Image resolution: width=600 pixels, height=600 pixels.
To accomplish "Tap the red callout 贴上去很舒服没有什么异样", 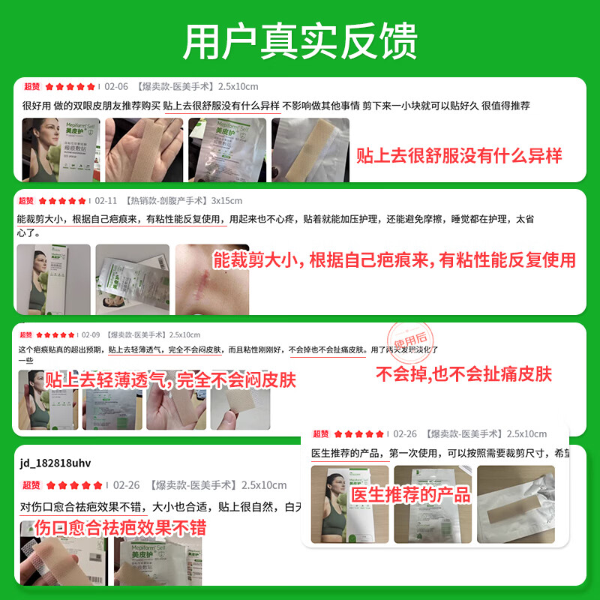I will click(459, 156).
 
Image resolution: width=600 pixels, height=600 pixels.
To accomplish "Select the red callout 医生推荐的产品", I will click(411, 494).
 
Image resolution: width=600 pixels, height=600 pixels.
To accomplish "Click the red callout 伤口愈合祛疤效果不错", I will click(112, 527).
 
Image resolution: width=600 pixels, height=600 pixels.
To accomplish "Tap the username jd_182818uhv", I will click(55, 462).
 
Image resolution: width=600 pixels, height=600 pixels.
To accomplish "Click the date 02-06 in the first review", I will click(116, 86).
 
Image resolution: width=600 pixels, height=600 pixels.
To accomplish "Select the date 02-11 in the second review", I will click(106, 201).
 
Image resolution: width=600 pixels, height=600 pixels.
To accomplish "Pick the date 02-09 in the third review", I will click(91, 334).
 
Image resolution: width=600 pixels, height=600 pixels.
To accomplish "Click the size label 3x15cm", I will click(226, 201).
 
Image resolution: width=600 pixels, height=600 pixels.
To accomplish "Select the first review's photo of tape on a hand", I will click(144, 149).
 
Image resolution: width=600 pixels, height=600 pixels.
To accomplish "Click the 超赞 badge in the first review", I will click(31, 86).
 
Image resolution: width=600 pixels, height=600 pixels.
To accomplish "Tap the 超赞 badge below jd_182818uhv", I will click(31, 485).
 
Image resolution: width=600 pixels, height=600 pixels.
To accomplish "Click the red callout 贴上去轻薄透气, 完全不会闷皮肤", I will click(170, 380).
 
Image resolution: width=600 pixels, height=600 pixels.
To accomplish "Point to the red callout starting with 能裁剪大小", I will click(394, 261).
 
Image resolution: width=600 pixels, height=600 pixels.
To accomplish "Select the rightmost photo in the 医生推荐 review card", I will click(515, 505).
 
